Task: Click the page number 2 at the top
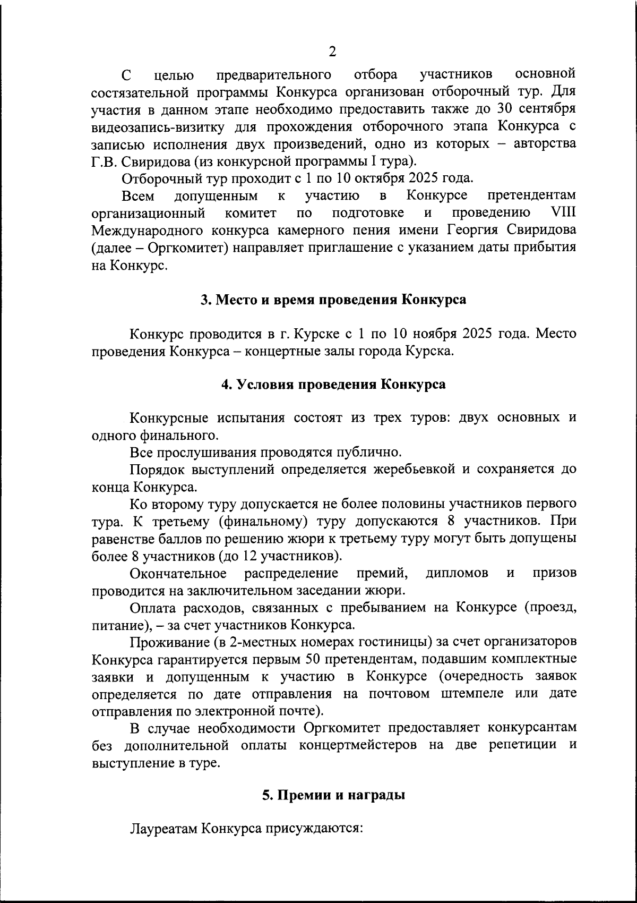[332, 52]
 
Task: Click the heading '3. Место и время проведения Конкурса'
[333, 300]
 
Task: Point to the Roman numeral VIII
[563, 213]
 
